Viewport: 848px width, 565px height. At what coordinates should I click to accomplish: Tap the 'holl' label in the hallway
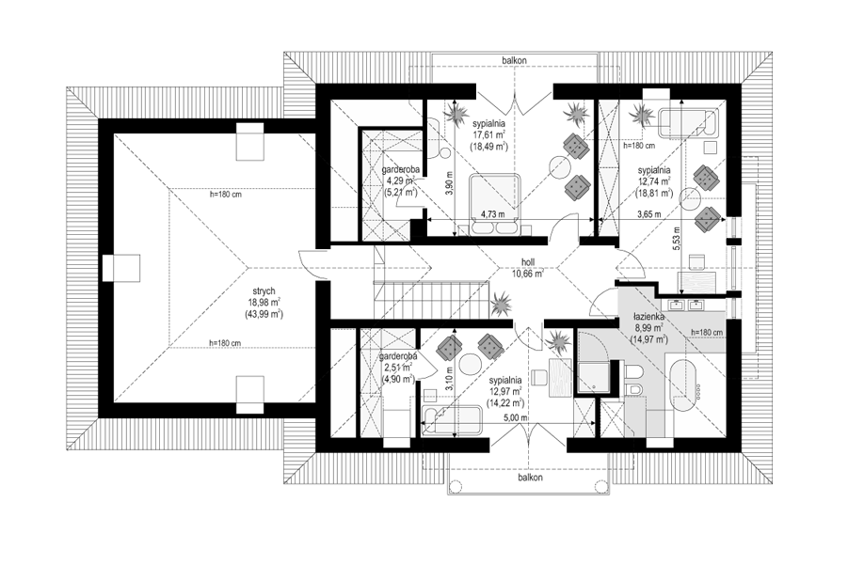(528, 262)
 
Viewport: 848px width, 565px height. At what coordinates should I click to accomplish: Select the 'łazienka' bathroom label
(648, 317)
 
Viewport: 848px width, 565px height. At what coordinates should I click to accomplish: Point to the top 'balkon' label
(514, 60)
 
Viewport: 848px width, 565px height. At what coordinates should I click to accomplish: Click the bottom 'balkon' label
(530, 478)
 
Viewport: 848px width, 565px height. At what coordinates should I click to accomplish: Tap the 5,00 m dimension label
(516, 417)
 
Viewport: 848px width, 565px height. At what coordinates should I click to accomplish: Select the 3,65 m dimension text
(649, 214)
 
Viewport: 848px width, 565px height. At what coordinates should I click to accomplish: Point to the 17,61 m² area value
(488, 134)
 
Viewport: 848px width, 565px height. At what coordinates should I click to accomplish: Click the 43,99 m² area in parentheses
(264, 314)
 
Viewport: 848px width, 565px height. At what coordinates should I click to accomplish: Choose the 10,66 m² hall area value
(528, 273)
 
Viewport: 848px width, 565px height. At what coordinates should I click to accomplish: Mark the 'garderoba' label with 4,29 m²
(400, 169)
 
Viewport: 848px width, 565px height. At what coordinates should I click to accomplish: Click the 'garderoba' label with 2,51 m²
(397, 356)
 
